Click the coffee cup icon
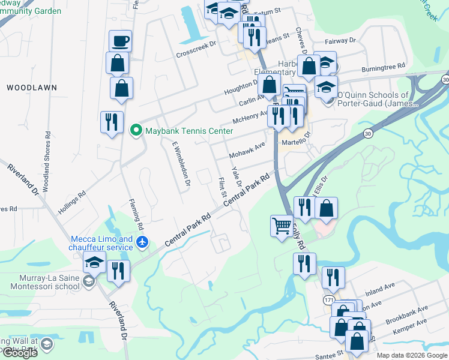(120, 41)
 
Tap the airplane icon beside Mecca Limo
(142, 242)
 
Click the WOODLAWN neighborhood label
(32, 88)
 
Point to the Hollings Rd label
(72, 203)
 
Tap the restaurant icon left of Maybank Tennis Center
(112, 122)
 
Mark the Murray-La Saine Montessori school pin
(89, 281)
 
